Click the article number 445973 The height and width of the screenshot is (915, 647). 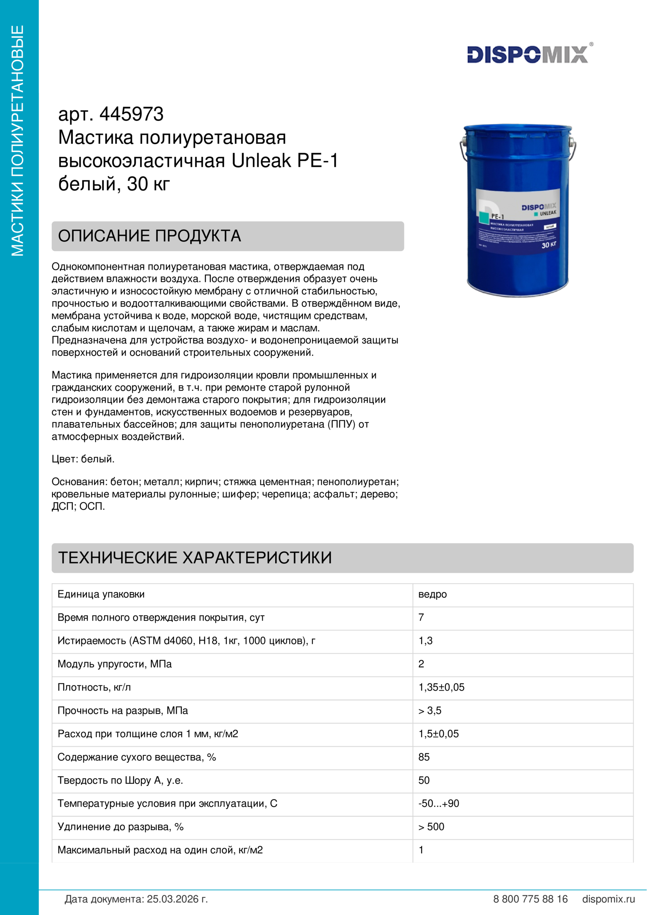click(131, 114)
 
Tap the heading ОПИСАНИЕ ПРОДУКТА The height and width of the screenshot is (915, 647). click(150, 236)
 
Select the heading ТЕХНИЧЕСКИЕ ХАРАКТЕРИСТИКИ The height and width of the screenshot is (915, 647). click(195, 557)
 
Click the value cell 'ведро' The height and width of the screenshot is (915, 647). click(432, 594)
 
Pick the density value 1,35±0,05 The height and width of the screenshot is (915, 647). click(441, 687)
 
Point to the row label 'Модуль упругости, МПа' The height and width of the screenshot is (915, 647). click(114, 664)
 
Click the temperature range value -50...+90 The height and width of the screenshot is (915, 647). click(438, 804)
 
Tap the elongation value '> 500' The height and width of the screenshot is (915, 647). click(431, 827)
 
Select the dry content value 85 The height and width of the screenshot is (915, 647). click(424, 757)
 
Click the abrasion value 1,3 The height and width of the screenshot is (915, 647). click(425, 640)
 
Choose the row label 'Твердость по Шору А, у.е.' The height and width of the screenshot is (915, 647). click(120, 780)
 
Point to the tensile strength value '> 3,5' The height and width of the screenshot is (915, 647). click(430, 710)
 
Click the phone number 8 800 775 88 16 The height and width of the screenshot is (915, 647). click(530, 899)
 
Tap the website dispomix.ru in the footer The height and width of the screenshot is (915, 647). click(608, 899)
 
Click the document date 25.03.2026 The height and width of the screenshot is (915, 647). click(177, 899)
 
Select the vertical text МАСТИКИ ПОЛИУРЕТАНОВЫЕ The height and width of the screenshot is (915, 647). click(18, 140)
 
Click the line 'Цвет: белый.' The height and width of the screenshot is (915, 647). click(83, 459)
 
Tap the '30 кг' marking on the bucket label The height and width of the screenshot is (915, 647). click(548, 244)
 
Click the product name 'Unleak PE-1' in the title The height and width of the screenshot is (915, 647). click(285, 161)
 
